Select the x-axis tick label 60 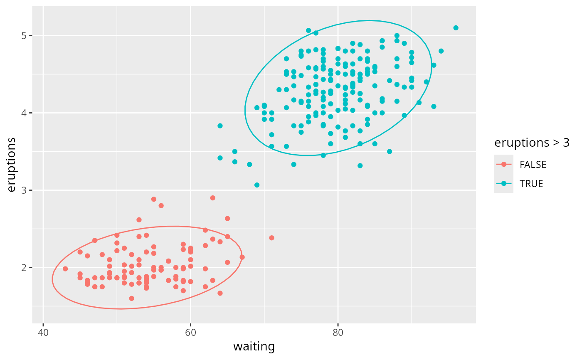[x=190, y=333]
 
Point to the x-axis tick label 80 [x=338, y=333]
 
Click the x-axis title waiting [x=254, y=347]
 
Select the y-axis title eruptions [x=12, y=165]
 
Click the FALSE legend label [x=533, y=165]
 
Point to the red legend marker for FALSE [x=504, y=165]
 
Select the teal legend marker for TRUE [x=504, y=184]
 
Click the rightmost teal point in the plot [x=456, y=28]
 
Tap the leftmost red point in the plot [x=65, y=269]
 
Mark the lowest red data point [x=131, y=298]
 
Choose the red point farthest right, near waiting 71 [x=271, y=238]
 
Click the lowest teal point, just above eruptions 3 [x=257, y=185]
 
